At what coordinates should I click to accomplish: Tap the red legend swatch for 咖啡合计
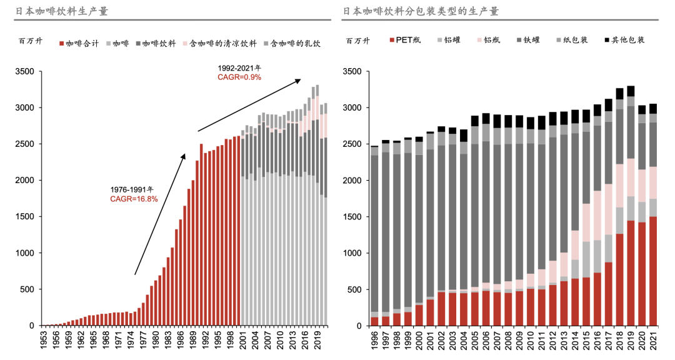pos(61,44)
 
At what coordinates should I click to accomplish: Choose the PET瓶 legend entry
pos(407,40)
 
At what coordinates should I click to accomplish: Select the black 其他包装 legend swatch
pos(607,40)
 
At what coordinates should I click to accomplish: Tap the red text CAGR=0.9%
pos(239,77)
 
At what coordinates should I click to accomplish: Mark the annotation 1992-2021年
pos(239,67)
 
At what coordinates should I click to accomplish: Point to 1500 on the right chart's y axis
pos(353,217)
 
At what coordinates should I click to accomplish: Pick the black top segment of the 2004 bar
pos(463,135)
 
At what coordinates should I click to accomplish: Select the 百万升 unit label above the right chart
pos(357,41)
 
